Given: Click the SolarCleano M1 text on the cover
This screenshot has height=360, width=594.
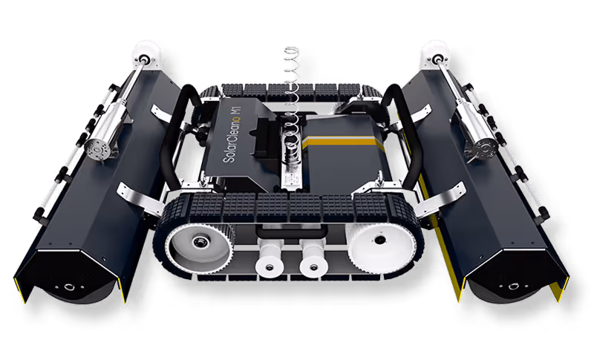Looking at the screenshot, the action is tap(232, 134).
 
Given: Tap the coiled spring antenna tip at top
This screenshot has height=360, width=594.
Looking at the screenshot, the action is tap(292, 50).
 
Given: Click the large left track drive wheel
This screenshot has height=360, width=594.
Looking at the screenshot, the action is tap(198, 246).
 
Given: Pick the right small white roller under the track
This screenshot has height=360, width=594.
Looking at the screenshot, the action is tap(313, 261).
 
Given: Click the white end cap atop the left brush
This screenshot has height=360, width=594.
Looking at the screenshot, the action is tap(146, 55).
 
